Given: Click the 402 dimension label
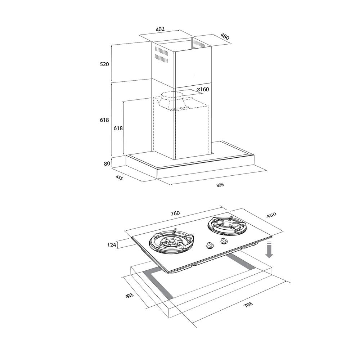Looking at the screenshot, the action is coord(160,29).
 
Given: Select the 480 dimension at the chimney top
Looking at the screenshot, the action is coord(225,36).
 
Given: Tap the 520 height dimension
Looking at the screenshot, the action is coord(104,64).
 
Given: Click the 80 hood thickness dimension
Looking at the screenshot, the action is coord(107,164).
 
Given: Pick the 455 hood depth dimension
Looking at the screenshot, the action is coord(119,177).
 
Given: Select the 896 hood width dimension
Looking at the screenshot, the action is coord(220,185).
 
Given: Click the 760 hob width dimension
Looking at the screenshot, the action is coord(175,213).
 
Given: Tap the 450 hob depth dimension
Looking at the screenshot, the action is coord(271,215).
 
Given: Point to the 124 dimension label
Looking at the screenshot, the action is coord(112,245).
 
